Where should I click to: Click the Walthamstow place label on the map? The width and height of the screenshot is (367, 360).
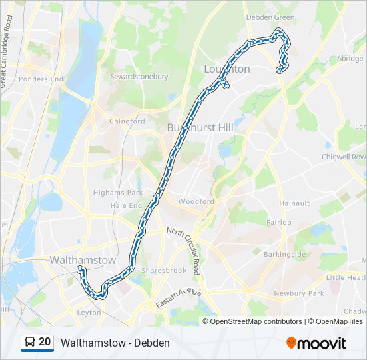click(x=83, y=260)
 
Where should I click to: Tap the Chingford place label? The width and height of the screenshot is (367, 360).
click(x=127, y=121)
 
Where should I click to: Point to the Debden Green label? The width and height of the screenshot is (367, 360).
click(x=270, y=17)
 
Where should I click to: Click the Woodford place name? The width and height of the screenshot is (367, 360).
click(x=196, y=201)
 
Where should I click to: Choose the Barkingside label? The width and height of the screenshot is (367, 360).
click(x=285, y=255)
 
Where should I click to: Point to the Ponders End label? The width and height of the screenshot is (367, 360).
click(x=41, y=79)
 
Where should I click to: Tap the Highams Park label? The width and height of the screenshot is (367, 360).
click(x=119, y=193)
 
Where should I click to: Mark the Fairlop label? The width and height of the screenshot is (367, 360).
click(x=279, y=222)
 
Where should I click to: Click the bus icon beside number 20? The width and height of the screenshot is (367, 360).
click(x=30, y=342)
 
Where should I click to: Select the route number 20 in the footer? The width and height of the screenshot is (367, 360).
click(x=45, y=342)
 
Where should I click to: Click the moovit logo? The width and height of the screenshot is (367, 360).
click(x=316, y=343)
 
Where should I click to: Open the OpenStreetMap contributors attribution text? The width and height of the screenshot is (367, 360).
click(x=256, y=321)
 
